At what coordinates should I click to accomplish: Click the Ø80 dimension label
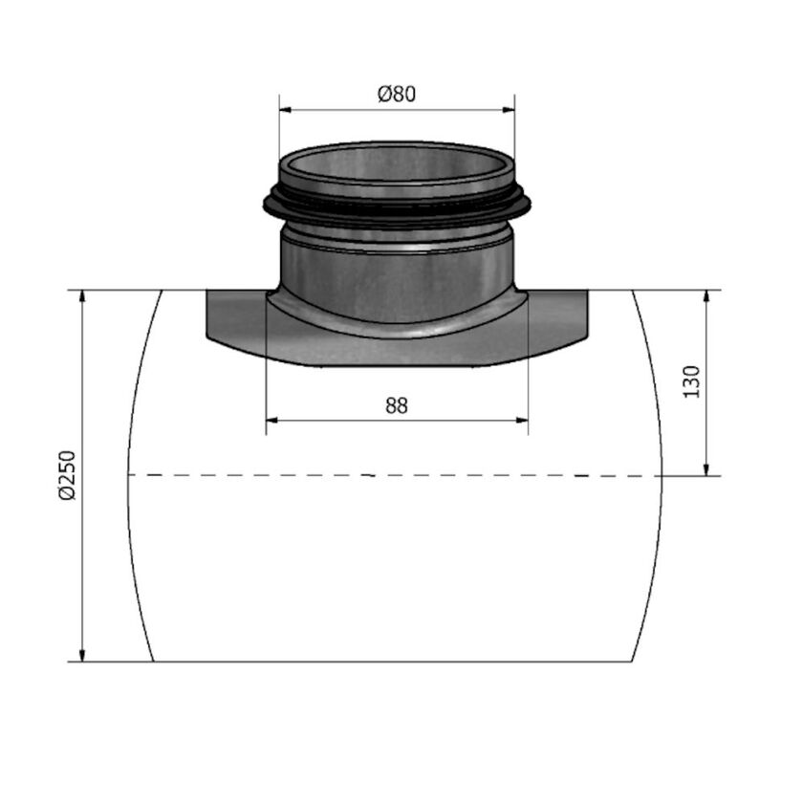tap(397, 94)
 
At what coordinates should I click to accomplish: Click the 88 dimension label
tap(397, 405)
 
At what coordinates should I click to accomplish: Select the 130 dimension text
tap(693, 380)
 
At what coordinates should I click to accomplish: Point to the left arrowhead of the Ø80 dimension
tap(284, 110)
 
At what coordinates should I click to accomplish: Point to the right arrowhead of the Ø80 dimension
tap(510, 110)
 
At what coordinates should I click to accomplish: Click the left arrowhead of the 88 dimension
tap(271, 420)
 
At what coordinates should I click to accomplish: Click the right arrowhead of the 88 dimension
tap(522, 420)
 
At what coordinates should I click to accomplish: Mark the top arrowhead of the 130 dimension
tap(706, 295)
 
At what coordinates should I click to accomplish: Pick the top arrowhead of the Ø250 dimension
tap(83, 295)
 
